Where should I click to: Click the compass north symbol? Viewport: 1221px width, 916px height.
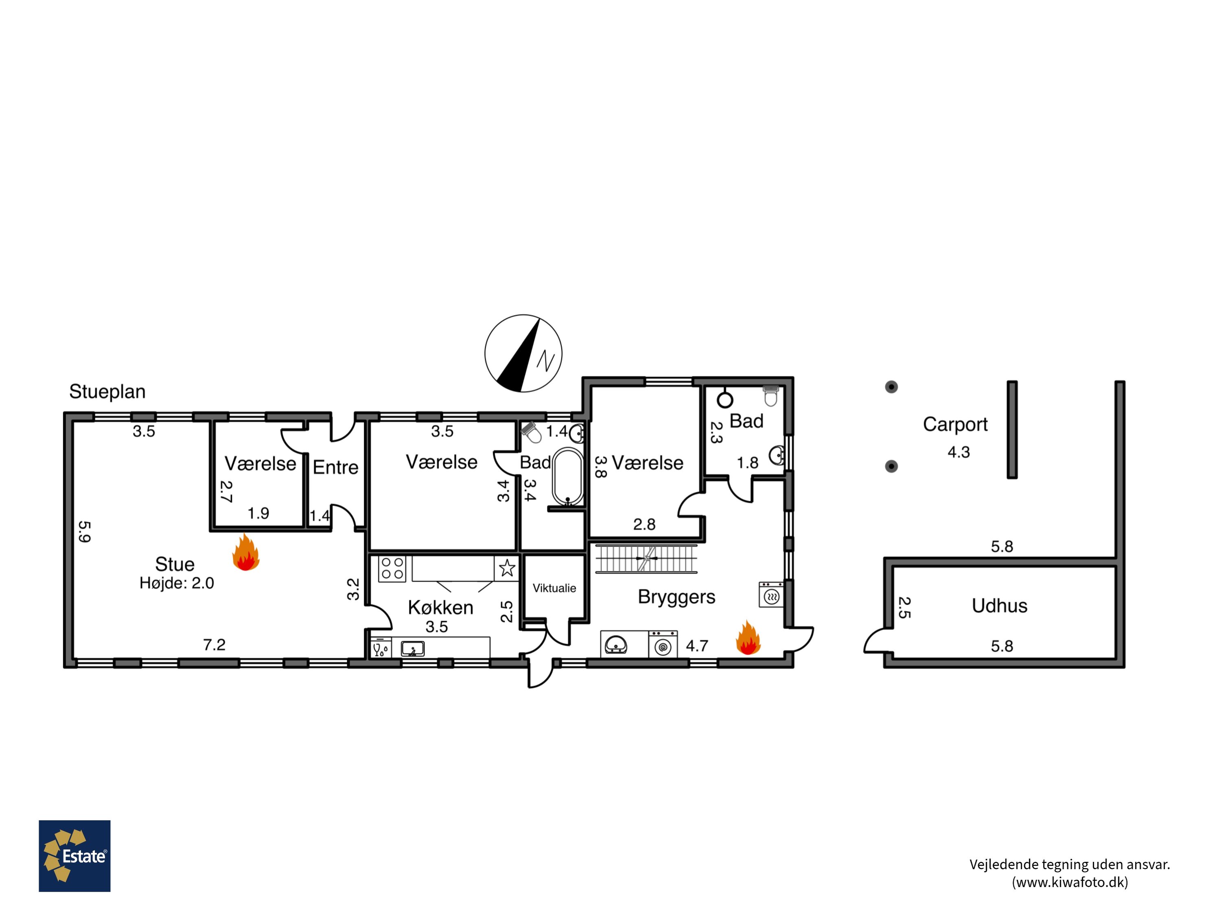(523, 353)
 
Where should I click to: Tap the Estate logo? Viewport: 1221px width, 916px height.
(74, 856)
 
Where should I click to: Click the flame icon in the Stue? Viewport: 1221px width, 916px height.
(246, 552)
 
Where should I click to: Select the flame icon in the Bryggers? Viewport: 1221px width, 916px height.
(748, 637)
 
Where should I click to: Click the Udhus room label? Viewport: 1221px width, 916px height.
(999, 606)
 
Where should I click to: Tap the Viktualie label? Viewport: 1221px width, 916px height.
(554, 588)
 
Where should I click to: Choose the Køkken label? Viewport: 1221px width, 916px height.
(440, 607)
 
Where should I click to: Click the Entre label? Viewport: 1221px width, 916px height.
(336, 467)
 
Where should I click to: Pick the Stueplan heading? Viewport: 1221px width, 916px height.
(107, 392)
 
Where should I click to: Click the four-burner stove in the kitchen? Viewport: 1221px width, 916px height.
(392, 569)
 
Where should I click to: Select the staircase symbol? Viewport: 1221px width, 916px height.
(646, 559)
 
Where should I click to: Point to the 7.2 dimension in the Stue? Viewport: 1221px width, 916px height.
(214, 644)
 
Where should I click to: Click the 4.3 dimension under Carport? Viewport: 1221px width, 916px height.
(959, 452)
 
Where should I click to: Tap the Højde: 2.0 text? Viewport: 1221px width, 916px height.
(177, 583)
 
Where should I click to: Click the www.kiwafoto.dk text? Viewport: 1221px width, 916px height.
(1070, 882)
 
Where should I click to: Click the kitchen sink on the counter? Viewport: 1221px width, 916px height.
(412, 648)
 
